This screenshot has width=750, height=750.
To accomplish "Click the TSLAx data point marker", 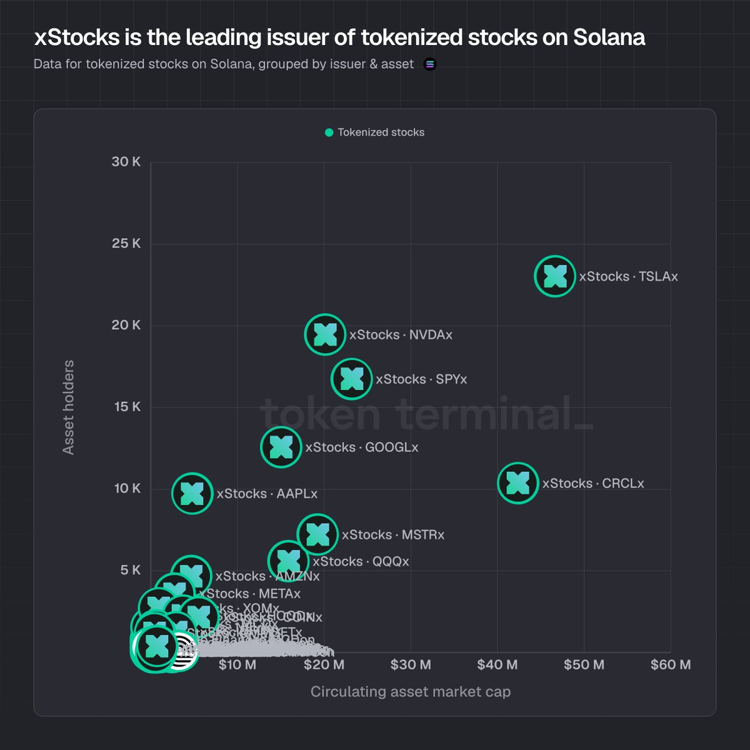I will (x=554, y=276).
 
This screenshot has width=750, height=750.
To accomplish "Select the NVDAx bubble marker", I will (x=325, y=334).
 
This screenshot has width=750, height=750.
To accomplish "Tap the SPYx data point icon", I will (x=351, y=379).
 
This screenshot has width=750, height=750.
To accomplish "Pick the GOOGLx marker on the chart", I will (x=281, y=447).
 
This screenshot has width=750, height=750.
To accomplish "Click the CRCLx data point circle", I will (x=517, y=482).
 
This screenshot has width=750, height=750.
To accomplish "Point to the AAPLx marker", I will (x=192, y=494).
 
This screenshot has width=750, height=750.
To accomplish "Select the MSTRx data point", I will (x=317, y=534).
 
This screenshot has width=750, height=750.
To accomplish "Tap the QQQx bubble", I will (x=288, y=561).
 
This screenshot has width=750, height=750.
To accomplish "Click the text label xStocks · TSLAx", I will (x=628, y=276).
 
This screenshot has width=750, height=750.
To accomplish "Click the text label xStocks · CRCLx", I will (x=592, y=483).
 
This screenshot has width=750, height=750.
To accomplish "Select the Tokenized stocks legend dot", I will (x=329, y=132).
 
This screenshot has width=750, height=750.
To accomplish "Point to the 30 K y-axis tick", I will (x=126, y=162).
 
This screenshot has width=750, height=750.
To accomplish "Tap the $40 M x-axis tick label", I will (x=497, y=664).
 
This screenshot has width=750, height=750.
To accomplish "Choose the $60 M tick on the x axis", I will (x=670, y=664).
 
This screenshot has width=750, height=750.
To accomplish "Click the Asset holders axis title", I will (x=68, y=407).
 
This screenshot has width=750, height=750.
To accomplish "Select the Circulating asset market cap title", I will (x=410, y=692).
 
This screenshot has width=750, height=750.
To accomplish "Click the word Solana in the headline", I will (x=609, y=37).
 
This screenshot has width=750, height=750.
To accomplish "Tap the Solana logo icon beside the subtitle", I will (x=430, y=64).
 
